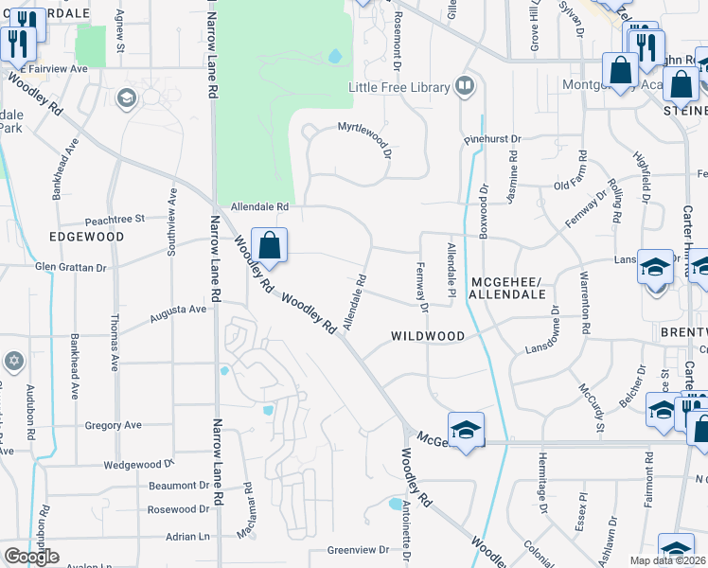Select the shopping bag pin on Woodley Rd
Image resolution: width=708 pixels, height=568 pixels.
[270, 246]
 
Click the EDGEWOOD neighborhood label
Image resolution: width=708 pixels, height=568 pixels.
[86, 236]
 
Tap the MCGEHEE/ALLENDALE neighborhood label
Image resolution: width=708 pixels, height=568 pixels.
[508, 288]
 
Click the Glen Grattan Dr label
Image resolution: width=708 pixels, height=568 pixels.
[71, 268]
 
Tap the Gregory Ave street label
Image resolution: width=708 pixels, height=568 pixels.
[113, 426]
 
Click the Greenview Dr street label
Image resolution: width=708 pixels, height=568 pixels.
[359, 549]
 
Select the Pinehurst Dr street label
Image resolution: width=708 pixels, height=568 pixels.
[492, 139]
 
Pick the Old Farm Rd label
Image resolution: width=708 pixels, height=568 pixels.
[573, 184]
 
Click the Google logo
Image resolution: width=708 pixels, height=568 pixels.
[31, 557]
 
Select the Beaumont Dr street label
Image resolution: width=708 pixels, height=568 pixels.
[178, 486]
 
